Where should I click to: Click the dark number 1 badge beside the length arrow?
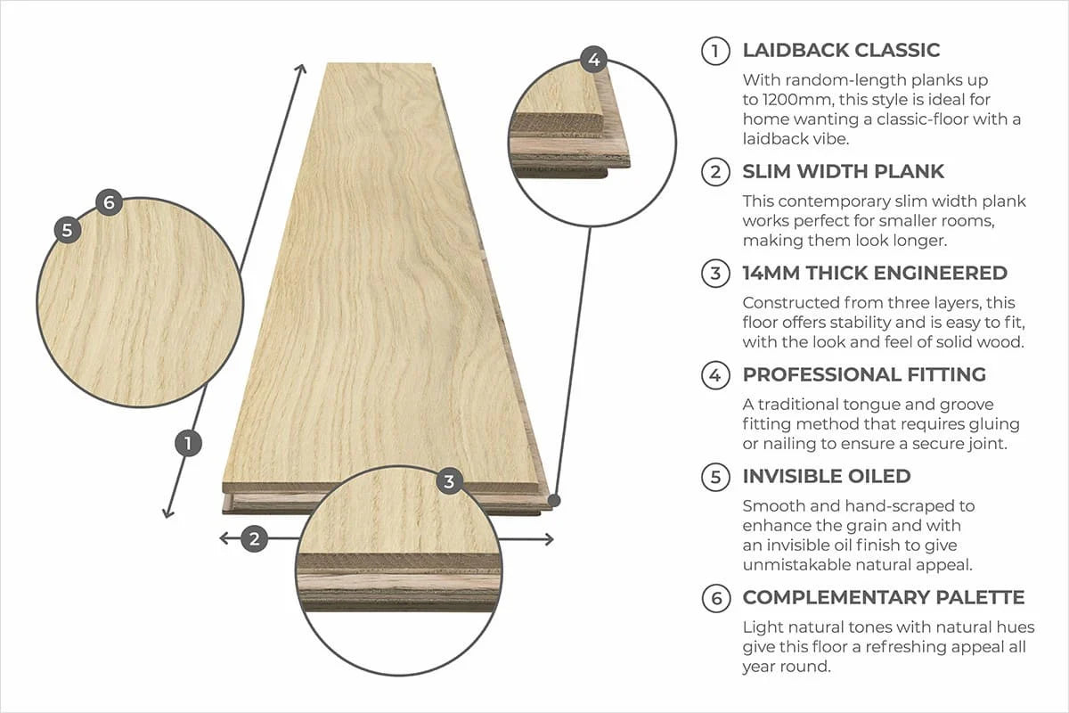[x=187, y=443]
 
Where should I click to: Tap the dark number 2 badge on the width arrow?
[x=255, y=538]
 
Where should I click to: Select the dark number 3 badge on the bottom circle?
[x=449, y=482]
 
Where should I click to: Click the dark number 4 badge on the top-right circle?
[x=594, y=60]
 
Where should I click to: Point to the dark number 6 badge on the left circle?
[x=108, y=202]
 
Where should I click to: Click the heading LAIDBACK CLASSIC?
[x=841, y=51]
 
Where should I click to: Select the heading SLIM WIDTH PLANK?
[x=843, y=171]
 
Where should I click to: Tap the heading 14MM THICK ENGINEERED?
[x=875, y=273]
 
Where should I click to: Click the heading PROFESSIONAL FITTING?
[x=864, y=374]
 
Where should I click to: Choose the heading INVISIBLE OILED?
[x=827, y=476]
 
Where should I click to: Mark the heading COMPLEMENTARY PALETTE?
[x=884, y=597]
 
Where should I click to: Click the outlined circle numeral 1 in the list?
[x=714, y=51]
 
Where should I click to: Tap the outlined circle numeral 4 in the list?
[x=714, y=375]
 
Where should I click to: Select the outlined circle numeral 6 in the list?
[x=714, y=598]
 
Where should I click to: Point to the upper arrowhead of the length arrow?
[x=302, y=69]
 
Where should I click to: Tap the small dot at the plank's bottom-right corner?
[x=554, y=500]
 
